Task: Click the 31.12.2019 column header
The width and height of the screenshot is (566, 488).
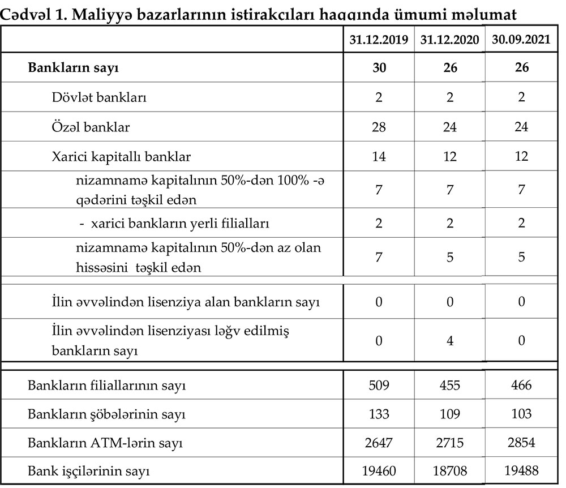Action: [379, 40]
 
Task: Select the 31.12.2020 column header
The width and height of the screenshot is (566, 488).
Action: [450, 40]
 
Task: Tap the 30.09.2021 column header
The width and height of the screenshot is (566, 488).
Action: [521, 40]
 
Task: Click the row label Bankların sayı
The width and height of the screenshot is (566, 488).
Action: [73, 69]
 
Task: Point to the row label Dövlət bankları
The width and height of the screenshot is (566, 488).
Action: [99, 97]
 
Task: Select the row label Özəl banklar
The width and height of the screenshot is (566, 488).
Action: [91, 127]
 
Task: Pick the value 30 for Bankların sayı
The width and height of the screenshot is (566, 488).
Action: [379, 68]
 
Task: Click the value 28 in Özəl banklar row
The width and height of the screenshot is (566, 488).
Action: [379, 127]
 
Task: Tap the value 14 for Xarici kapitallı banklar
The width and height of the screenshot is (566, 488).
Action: [379, 156]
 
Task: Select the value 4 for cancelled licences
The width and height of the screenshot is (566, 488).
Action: [450, 340]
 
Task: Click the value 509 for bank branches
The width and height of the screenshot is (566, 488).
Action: [379, 386]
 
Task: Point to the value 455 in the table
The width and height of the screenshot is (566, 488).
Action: [450, 386]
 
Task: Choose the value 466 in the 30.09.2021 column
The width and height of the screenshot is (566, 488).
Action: [521, 386]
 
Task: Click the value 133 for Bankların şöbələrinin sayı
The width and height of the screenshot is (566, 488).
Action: [379, 414]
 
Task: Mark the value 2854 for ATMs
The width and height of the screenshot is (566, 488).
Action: [521, 442]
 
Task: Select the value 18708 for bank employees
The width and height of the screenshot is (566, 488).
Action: [450, 470]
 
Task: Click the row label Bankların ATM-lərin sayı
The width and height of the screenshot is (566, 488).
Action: [105, 442]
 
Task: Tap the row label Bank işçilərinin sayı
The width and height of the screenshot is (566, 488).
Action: [92, 470]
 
